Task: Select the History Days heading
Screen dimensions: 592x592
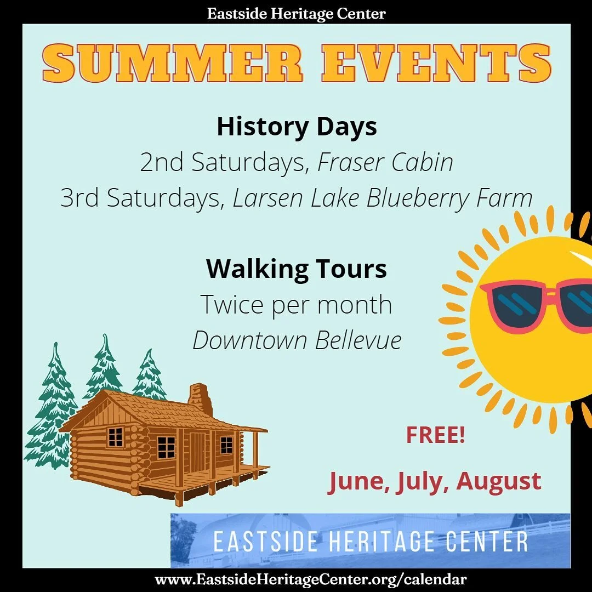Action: coord(297,127)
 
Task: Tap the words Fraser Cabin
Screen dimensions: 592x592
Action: coord(385,162)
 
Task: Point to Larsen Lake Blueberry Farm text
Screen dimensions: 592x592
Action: coord(382,198)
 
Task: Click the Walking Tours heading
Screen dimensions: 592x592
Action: coord(297,269)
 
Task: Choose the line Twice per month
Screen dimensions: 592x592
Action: coord(297,305)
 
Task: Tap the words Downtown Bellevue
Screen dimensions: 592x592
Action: coord(297,340)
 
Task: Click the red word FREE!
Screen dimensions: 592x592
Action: coord(435,436)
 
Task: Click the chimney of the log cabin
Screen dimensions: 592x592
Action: coord(201,399)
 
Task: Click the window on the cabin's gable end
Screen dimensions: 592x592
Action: coord(115,437)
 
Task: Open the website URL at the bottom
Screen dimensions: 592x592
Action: coord(311,579)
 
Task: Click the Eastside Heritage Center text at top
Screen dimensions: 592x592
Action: coord(296,14)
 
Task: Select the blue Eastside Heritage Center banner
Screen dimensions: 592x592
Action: coord(370,540)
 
